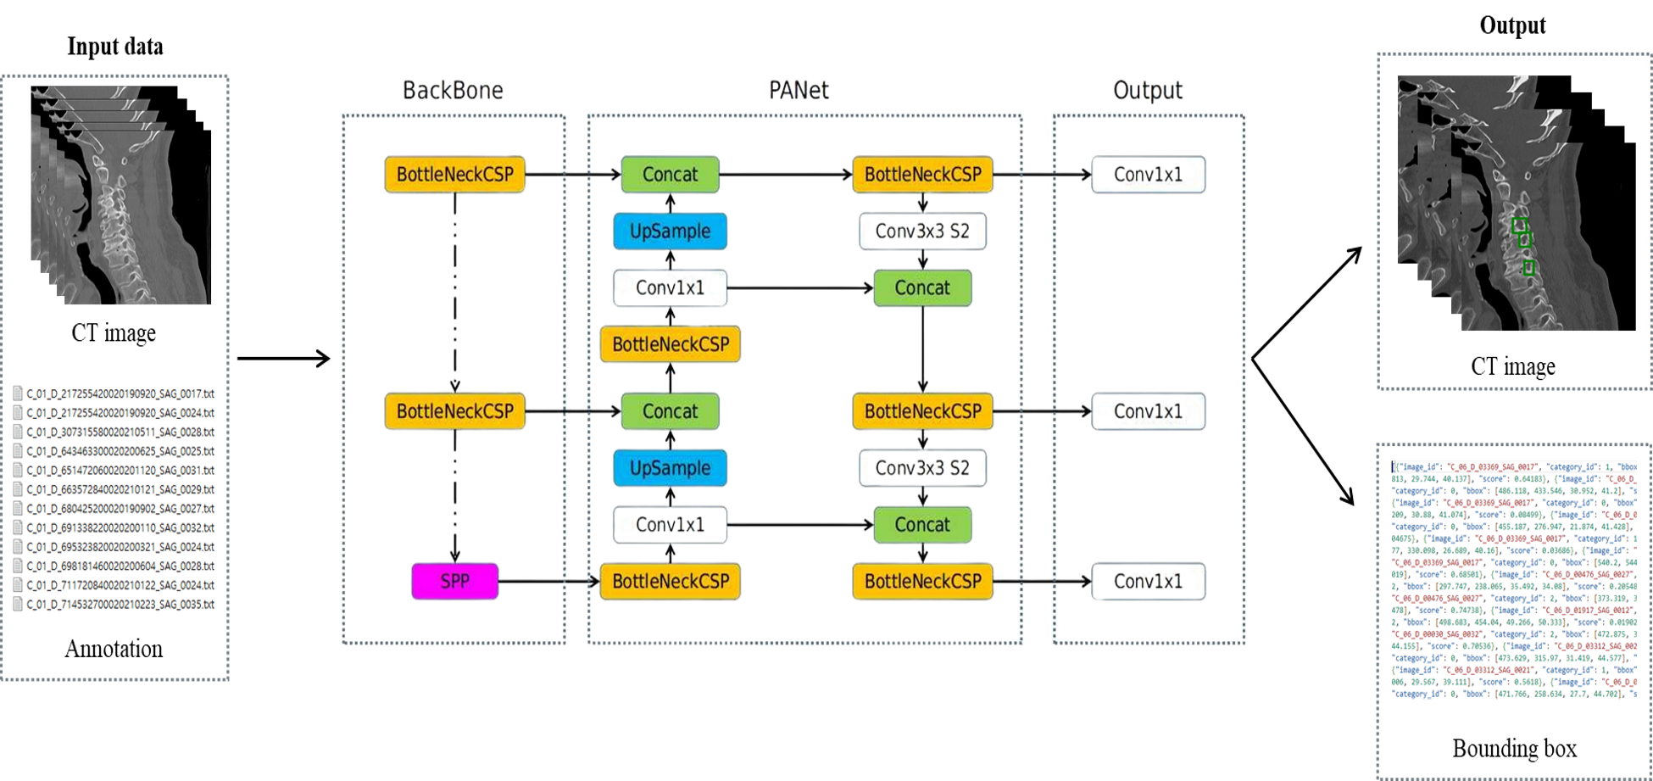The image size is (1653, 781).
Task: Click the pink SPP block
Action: [x=454, y=582]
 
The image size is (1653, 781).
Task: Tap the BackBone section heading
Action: [x=453, y=90]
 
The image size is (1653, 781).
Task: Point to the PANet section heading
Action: [x=799, y=90]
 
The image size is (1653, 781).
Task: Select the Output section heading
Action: [x=1148, y=90]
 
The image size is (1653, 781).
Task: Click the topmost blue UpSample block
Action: [x=670, y=231]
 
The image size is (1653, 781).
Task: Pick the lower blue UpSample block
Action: [x=670, y=468]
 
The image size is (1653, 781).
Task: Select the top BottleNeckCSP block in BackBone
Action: [x=454, y=175]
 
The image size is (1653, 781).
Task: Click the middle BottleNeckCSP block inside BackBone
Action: [x=454, y=411]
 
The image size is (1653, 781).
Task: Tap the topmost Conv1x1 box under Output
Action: [x=1148, y=175]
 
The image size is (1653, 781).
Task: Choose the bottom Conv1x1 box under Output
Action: [x=1148, y=582]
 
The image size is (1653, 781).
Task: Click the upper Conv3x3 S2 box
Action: [x=922, y=231]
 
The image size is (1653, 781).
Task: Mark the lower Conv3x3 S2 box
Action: [x=922, y=468]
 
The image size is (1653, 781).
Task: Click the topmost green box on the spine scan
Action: [x=1519, y=226]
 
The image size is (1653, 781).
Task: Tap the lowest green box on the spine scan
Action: [x=1528, y=268]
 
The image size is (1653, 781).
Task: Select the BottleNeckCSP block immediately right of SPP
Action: [x=670, y=582]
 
